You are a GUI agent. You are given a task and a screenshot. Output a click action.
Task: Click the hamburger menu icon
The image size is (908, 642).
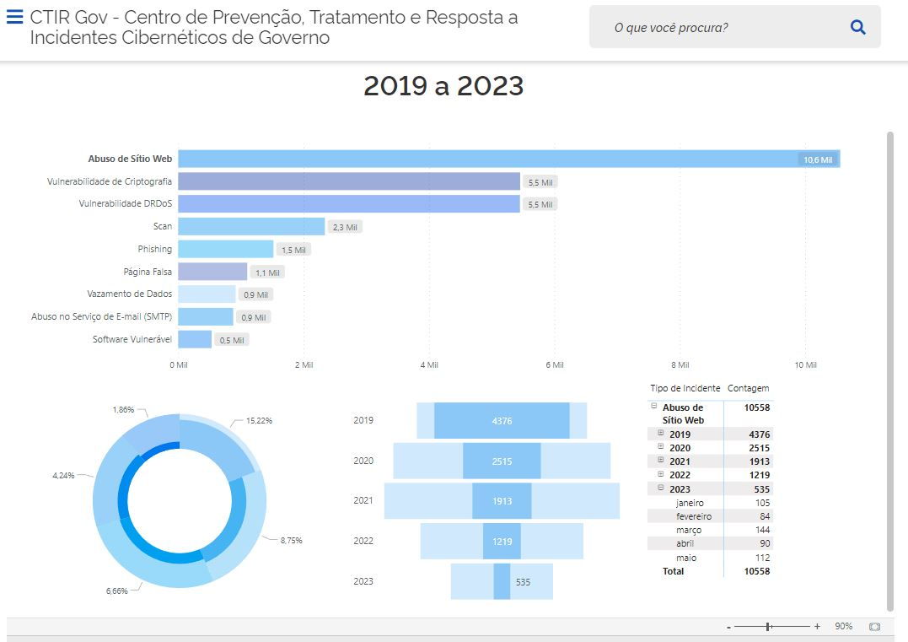tap(14, 17)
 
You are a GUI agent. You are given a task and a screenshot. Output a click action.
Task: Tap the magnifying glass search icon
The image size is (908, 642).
tap(858, 27)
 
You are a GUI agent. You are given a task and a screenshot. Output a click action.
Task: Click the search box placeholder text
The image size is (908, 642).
tap(671, 28)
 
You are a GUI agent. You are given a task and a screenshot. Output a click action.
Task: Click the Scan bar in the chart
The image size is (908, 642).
tap(251, 226)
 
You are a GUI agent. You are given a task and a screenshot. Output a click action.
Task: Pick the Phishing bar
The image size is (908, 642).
tap(226, 249)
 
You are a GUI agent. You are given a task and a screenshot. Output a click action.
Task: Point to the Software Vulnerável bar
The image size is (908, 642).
tap(195, 339)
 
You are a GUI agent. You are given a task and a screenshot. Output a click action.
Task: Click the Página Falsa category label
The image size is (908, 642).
tap(148, 272)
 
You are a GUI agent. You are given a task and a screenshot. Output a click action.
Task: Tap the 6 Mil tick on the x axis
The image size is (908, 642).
tap(554, 365)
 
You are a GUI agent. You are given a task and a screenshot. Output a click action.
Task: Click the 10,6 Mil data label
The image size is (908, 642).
tap(817, 159)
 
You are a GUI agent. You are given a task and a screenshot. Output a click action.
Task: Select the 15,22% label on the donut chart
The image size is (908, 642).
tap(259, 420)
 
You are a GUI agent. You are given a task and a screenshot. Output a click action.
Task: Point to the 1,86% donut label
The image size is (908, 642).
tap(122, 409)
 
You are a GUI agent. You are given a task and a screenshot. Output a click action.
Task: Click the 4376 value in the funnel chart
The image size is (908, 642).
tap(502, 421)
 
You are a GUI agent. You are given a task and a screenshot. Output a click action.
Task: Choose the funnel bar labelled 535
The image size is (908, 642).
tap(502, 581)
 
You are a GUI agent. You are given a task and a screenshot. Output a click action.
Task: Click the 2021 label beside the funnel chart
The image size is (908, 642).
tap(363, 500)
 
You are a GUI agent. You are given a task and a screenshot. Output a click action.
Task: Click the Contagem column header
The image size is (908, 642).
tap(748, 388)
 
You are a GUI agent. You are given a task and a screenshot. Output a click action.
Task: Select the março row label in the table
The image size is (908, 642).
tap(689, 530)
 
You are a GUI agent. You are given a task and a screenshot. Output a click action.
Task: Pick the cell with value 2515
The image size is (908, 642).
tap(758, 448)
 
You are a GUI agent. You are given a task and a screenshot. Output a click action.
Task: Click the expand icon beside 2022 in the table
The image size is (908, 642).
tap(661, 474)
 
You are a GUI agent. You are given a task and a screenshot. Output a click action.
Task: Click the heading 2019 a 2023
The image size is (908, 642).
tap(443, 86)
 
